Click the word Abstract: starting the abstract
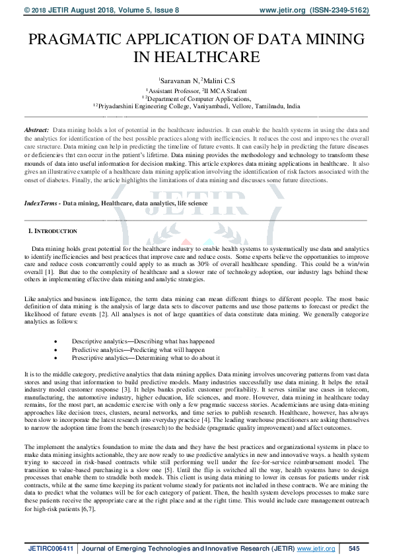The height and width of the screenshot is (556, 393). click(x=36, y=132)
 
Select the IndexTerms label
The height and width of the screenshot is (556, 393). click(x=39, y=204)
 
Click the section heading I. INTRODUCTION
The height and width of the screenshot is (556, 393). click(x=52, y=231)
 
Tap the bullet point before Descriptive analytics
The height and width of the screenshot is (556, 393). click(x=57, y=341)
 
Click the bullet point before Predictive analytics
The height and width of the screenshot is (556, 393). click(x=57, y=349)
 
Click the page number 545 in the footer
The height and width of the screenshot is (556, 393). click(x=353, y=548)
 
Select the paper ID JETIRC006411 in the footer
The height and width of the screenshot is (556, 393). click(x=48, y=548)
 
